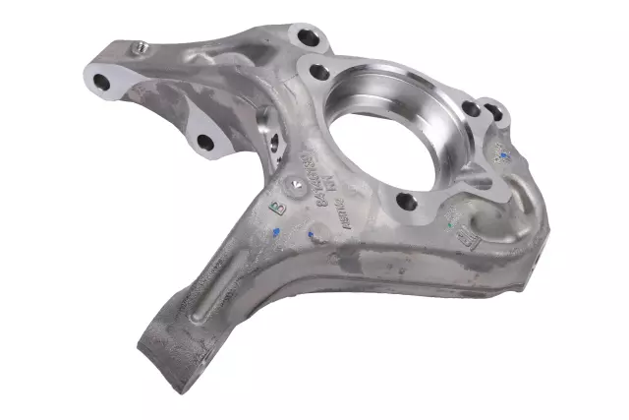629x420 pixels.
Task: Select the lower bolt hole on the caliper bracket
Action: point(205,143)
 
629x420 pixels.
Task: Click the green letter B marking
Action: point(274,206)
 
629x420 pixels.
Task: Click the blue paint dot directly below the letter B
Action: point(277,234)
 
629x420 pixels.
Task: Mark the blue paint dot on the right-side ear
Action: point(503,154)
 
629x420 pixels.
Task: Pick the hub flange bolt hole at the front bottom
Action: point(406,203)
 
